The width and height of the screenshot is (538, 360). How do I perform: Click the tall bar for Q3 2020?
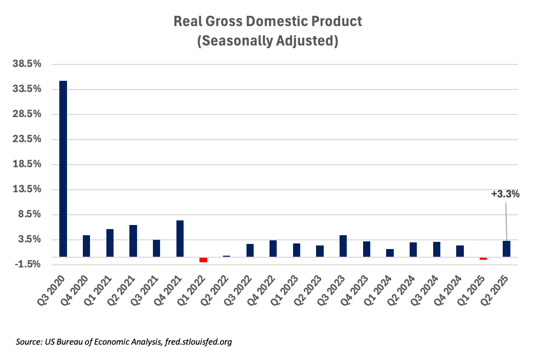tap(63, 168)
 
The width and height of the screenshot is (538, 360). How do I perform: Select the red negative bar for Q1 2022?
tap(203, 260)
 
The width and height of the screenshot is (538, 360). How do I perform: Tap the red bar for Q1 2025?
tap(483, 258)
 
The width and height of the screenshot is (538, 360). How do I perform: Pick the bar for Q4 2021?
tap(180, 238)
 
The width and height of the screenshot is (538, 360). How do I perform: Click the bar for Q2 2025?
tap(506, 249)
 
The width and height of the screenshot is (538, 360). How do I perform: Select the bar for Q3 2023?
tap(343, 245)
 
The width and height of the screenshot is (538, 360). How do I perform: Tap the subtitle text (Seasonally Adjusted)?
tap(267, 41)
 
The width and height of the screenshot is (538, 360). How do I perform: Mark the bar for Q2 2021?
tap(133, 240)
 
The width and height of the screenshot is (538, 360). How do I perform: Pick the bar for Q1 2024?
tap(390, 253)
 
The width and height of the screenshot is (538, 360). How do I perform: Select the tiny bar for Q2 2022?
tap(227, 256)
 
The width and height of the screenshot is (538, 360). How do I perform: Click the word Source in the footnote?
tap(28, 342)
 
